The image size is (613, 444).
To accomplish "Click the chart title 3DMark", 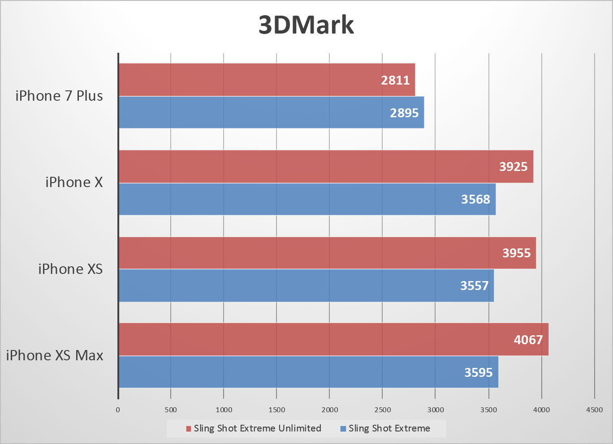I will coord(306,25).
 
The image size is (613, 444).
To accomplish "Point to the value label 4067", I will coord(528,340).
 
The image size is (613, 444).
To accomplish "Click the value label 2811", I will coord(395,80).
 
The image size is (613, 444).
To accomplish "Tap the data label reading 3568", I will coord(475,199).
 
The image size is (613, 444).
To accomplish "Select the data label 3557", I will coord(474,286).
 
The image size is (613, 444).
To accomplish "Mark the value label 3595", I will coord(478,372).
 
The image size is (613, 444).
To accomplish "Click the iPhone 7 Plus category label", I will coord(59,96).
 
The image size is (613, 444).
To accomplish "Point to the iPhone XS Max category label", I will coord(55,355).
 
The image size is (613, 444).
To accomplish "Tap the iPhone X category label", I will coord(74,182).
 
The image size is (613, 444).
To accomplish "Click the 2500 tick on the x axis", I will coord(382,410).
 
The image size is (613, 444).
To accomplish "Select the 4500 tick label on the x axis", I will coord(594,410).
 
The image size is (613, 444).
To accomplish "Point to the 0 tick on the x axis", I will coord(118,410).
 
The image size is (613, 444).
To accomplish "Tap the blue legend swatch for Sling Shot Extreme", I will coord(343,429).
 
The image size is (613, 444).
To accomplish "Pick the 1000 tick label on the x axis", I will coord(224,410).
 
